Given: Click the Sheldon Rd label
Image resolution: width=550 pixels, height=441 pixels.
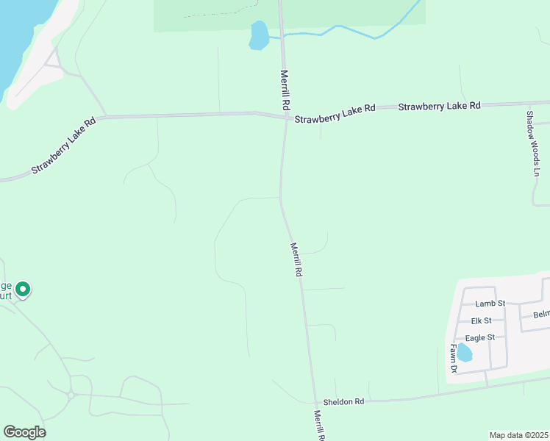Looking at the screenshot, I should [x=343, y=402].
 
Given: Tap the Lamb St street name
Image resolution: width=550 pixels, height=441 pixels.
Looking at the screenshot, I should [x=490, y=303].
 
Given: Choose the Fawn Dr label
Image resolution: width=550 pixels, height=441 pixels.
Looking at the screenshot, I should [x=454, y=358].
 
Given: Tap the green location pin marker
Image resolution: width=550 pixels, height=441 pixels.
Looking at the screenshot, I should [x=23, y=290].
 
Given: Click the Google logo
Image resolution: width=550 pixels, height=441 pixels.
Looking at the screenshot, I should [x=24, y=432].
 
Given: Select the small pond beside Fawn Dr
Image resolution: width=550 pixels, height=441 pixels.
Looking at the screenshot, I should [x=465, y=354].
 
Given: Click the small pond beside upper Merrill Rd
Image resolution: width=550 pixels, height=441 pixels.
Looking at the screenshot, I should [x=259, y=35].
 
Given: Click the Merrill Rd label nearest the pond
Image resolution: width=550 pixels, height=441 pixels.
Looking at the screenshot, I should [x=284, y=90].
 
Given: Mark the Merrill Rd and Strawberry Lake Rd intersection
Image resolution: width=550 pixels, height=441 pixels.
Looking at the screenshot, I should [x=286, y=118].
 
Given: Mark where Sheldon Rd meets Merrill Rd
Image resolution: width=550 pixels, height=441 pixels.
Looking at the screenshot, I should [x=314, y=403].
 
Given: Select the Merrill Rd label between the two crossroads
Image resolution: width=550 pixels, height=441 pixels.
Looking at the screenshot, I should [x=296, y=259].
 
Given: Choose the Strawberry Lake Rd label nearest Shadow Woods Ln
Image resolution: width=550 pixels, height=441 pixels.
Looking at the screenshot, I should [x=439, y=106].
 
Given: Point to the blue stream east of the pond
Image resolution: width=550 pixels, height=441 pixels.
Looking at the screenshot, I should [x=346, y=31].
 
